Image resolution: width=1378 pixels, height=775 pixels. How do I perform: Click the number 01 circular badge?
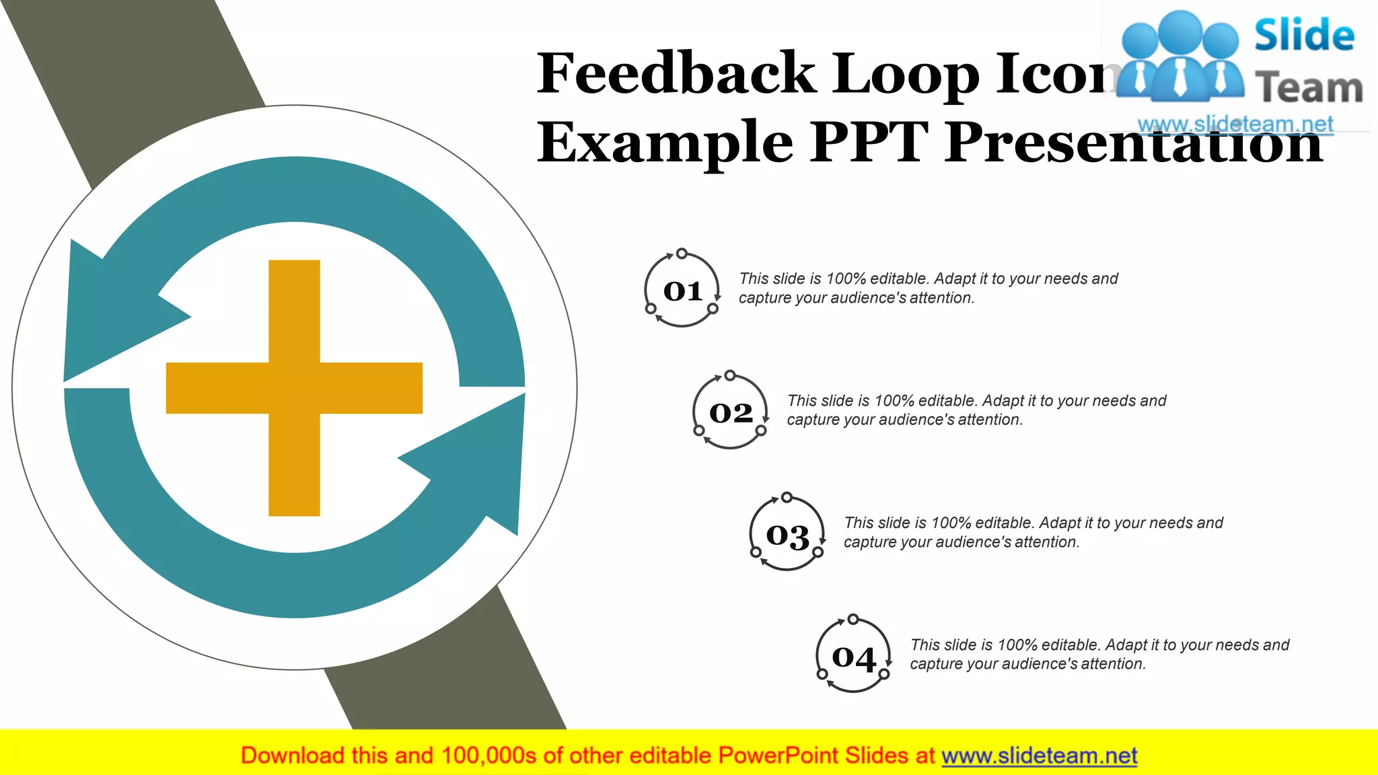click(682, 290)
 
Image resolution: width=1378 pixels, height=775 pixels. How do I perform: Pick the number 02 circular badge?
click(731, 412)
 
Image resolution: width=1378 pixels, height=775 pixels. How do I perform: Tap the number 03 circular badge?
click(787, 535)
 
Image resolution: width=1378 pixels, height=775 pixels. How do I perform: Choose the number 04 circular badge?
click(853, 657)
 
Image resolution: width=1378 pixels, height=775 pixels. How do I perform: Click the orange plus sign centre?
click(294, 387)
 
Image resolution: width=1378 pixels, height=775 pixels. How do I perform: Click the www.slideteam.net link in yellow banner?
click(1039, 755)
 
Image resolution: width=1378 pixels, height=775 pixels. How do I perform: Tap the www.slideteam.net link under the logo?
click(1235, 124)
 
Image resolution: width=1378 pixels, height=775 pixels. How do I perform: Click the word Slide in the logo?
click(1304, 35)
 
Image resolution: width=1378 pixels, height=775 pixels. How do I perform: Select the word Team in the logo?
click(1309, 88)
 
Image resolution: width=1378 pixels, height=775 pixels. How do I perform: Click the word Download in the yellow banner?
click(292, 755)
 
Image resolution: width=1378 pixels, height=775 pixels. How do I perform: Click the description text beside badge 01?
click(928, 288)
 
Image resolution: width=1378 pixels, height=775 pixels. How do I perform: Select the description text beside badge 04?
click(1099, 654)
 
